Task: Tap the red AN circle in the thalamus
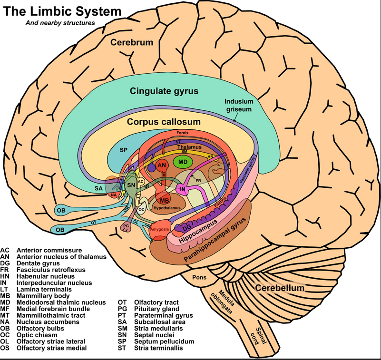[x=162, y=165]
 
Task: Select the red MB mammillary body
[x=165, y=198]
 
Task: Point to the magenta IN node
[x=183, y=189]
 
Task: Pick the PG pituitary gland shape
[x=126, y=225]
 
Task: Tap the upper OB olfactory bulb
[x=61, y=210]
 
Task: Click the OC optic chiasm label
[x=141, y=209]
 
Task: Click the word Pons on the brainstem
[x=199, y=277]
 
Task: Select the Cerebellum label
[x=280, y=288]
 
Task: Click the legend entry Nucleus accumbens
[x=45, y=322]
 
